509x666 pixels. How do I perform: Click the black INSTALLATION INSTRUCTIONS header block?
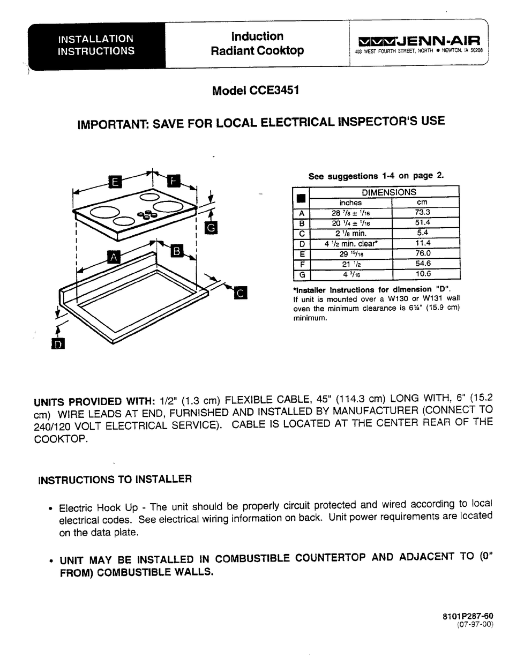(x=96, y=45)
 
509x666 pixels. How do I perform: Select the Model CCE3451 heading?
(x=255, y=91)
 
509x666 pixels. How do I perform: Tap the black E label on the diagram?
(x=115, y=182)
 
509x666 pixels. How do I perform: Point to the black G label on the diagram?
(x=211, y=228)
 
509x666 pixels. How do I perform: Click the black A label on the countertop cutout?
(x=113, y=257)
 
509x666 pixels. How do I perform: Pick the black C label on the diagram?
(x=240, y=293)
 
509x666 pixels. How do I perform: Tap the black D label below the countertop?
(x=58, y=343)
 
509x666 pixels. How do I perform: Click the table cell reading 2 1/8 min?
(x=350, y=233)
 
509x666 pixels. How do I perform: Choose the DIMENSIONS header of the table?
(x=388, y=192)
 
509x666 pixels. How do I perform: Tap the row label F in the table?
(x=302, y=264)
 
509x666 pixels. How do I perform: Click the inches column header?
(x=350, y=203)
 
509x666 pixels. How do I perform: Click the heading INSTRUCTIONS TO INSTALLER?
(x=115, y=480)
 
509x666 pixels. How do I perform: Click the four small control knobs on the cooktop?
(x=144, y=215)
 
